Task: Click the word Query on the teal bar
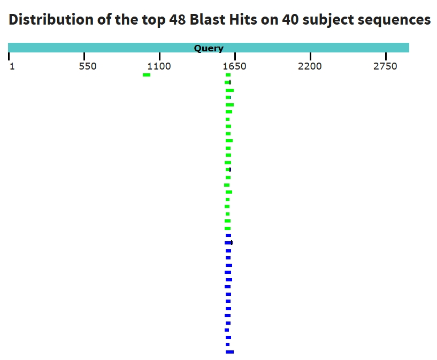tap(209, 49)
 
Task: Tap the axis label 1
tap(12, 66)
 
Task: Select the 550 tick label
tap(88, 66)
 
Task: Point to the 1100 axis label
tap(159, 66)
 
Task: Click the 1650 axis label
tap(234, 66)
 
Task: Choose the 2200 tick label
tap(310, 66)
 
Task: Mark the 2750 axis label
tap(385, 66)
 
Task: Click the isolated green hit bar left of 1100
tap(147, 75)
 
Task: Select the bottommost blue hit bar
tap(229, 352)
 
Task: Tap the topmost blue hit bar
tap(228, 235)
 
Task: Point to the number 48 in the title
tap(177, 19)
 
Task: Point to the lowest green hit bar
tap(227, 228)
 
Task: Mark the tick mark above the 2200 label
tap(310, 56)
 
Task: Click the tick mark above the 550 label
tap(84, 56)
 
